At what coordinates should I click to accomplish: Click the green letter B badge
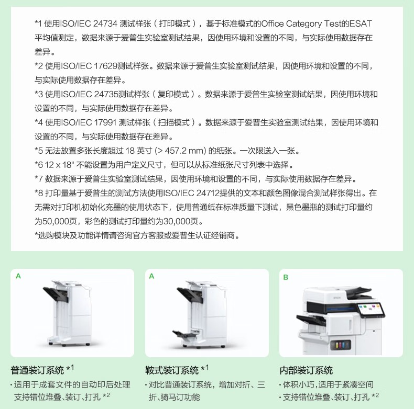[286, 277]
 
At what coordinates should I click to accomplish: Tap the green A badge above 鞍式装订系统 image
[151, 276]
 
